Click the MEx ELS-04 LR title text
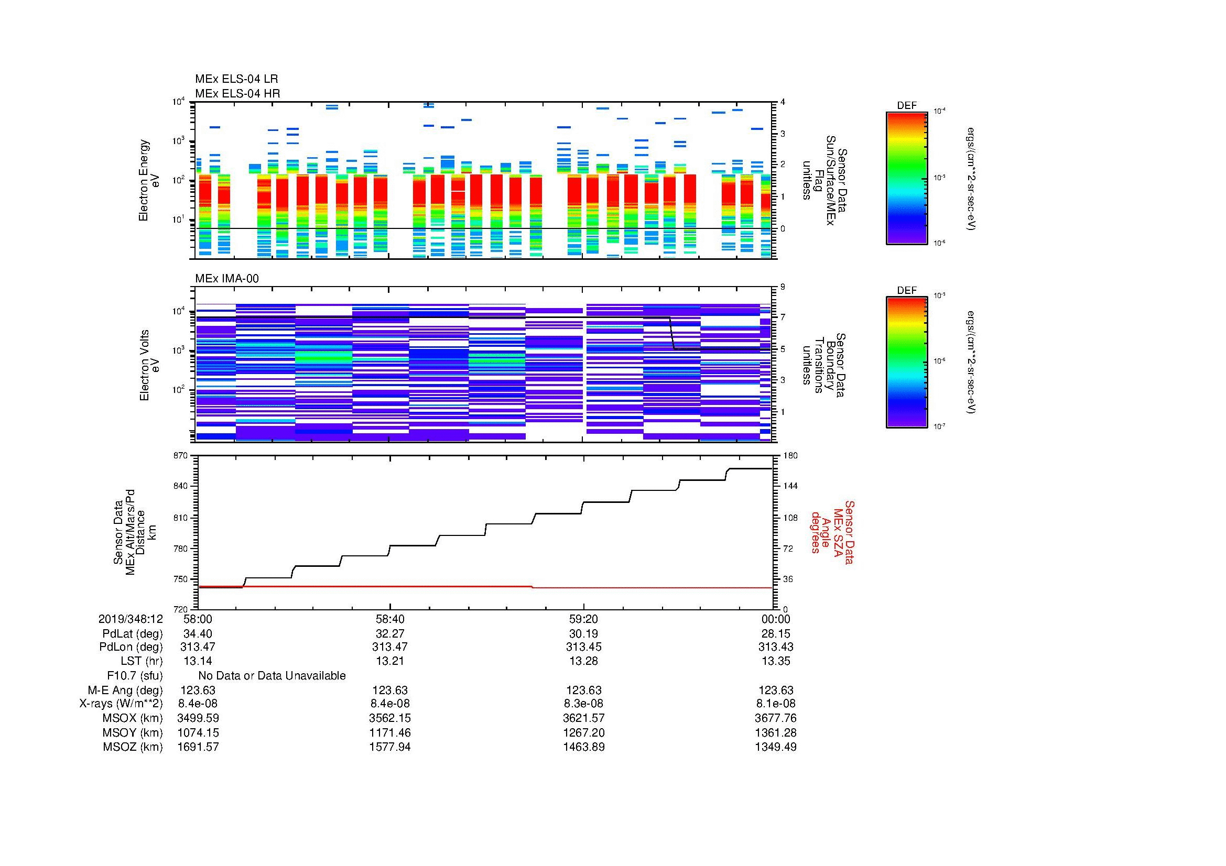(236, 79)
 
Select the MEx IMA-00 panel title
(226, 279)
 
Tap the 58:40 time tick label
(390, 619)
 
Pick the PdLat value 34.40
(198, 634)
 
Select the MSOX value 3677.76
(775, 718)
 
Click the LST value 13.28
(583, 661)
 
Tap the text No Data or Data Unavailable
(272, 676)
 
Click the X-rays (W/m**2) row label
(121, 704)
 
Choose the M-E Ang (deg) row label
(125, 690)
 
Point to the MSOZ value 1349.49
(775, 747)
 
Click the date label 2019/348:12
(131, 619)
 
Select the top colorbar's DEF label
(906, 106)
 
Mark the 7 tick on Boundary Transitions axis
(783, 317)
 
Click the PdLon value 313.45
(583, 647)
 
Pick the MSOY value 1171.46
(390, 732)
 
